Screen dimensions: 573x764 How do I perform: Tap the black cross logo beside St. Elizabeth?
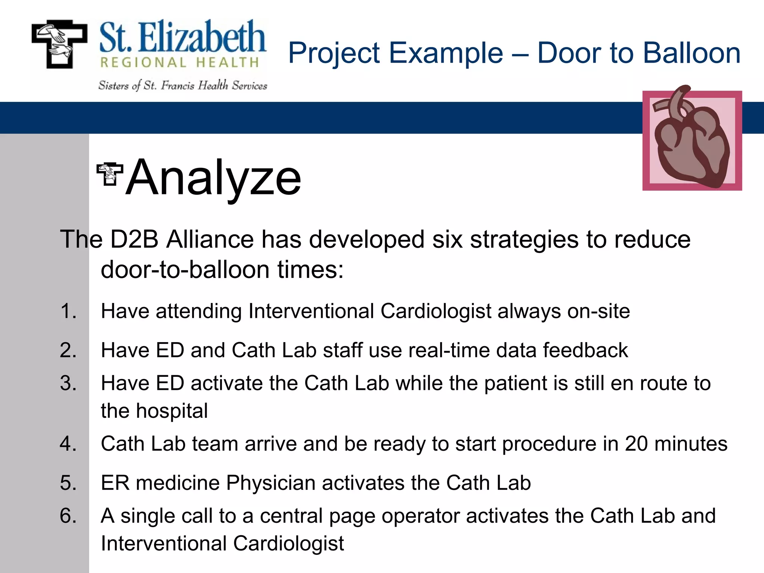(59, 44)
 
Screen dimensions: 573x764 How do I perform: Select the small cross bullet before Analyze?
(109, 174)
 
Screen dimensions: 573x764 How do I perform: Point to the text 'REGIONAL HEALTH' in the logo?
(179, 63)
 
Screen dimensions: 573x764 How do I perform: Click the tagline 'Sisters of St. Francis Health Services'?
(183, 86)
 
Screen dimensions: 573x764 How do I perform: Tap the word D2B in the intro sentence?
(135, 239)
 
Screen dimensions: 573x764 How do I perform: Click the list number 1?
(68, 311)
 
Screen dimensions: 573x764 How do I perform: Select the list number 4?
(68, 444)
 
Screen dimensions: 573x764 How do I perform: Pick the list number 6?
(68, 516)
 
